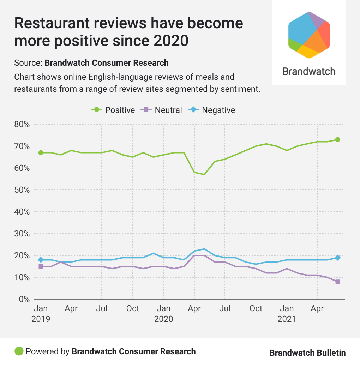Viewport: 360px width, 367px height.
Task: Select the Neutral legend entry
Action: pyautogui.click(x=162, y=110)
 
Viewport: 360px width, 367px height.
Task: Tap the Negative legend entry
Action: pyautogui.click(x=212, y=110)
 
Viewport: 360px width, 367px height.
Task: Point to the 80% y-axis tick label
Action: pyautogui.click(x=22, y=125)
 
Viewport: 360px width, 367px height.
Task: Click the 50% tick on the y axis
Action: pyautogui.click(x=22, y=190)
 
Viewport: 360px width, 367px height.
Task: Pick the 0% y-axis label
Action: pyautogui.click(x=24, y=300)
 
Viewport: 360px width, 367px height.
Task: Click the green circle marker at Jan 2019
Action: pyautogui.click(x=41, y=153)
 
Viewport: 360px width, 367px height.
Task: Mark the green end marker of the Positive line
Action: pyautogui.click(x=338, y=139)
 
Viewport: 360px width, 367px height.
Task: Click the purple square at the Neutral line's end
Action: pyautogui.click(x=338, y=282)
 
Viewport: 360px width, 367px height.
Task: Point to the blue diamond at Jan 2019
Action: pyautogui.click(x=41, y=260)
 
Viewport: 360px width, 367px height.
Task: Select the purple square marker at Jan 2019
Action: pyautogui.click(x=41, y=266)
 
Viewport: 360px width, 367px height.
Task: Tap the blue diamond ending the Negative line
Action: pyautogui.click(x=338, y=258)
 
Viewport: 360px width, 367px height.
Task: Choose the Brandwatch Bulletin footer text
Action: pyautogui.click(x=307, y=353)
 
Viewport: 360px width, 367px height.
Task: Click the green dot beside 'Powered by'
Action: pyautogui.click(x=19, y=351)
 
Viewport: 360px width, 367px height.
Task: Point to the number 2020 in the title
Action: pyautogui.click(x=171, y=41)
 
